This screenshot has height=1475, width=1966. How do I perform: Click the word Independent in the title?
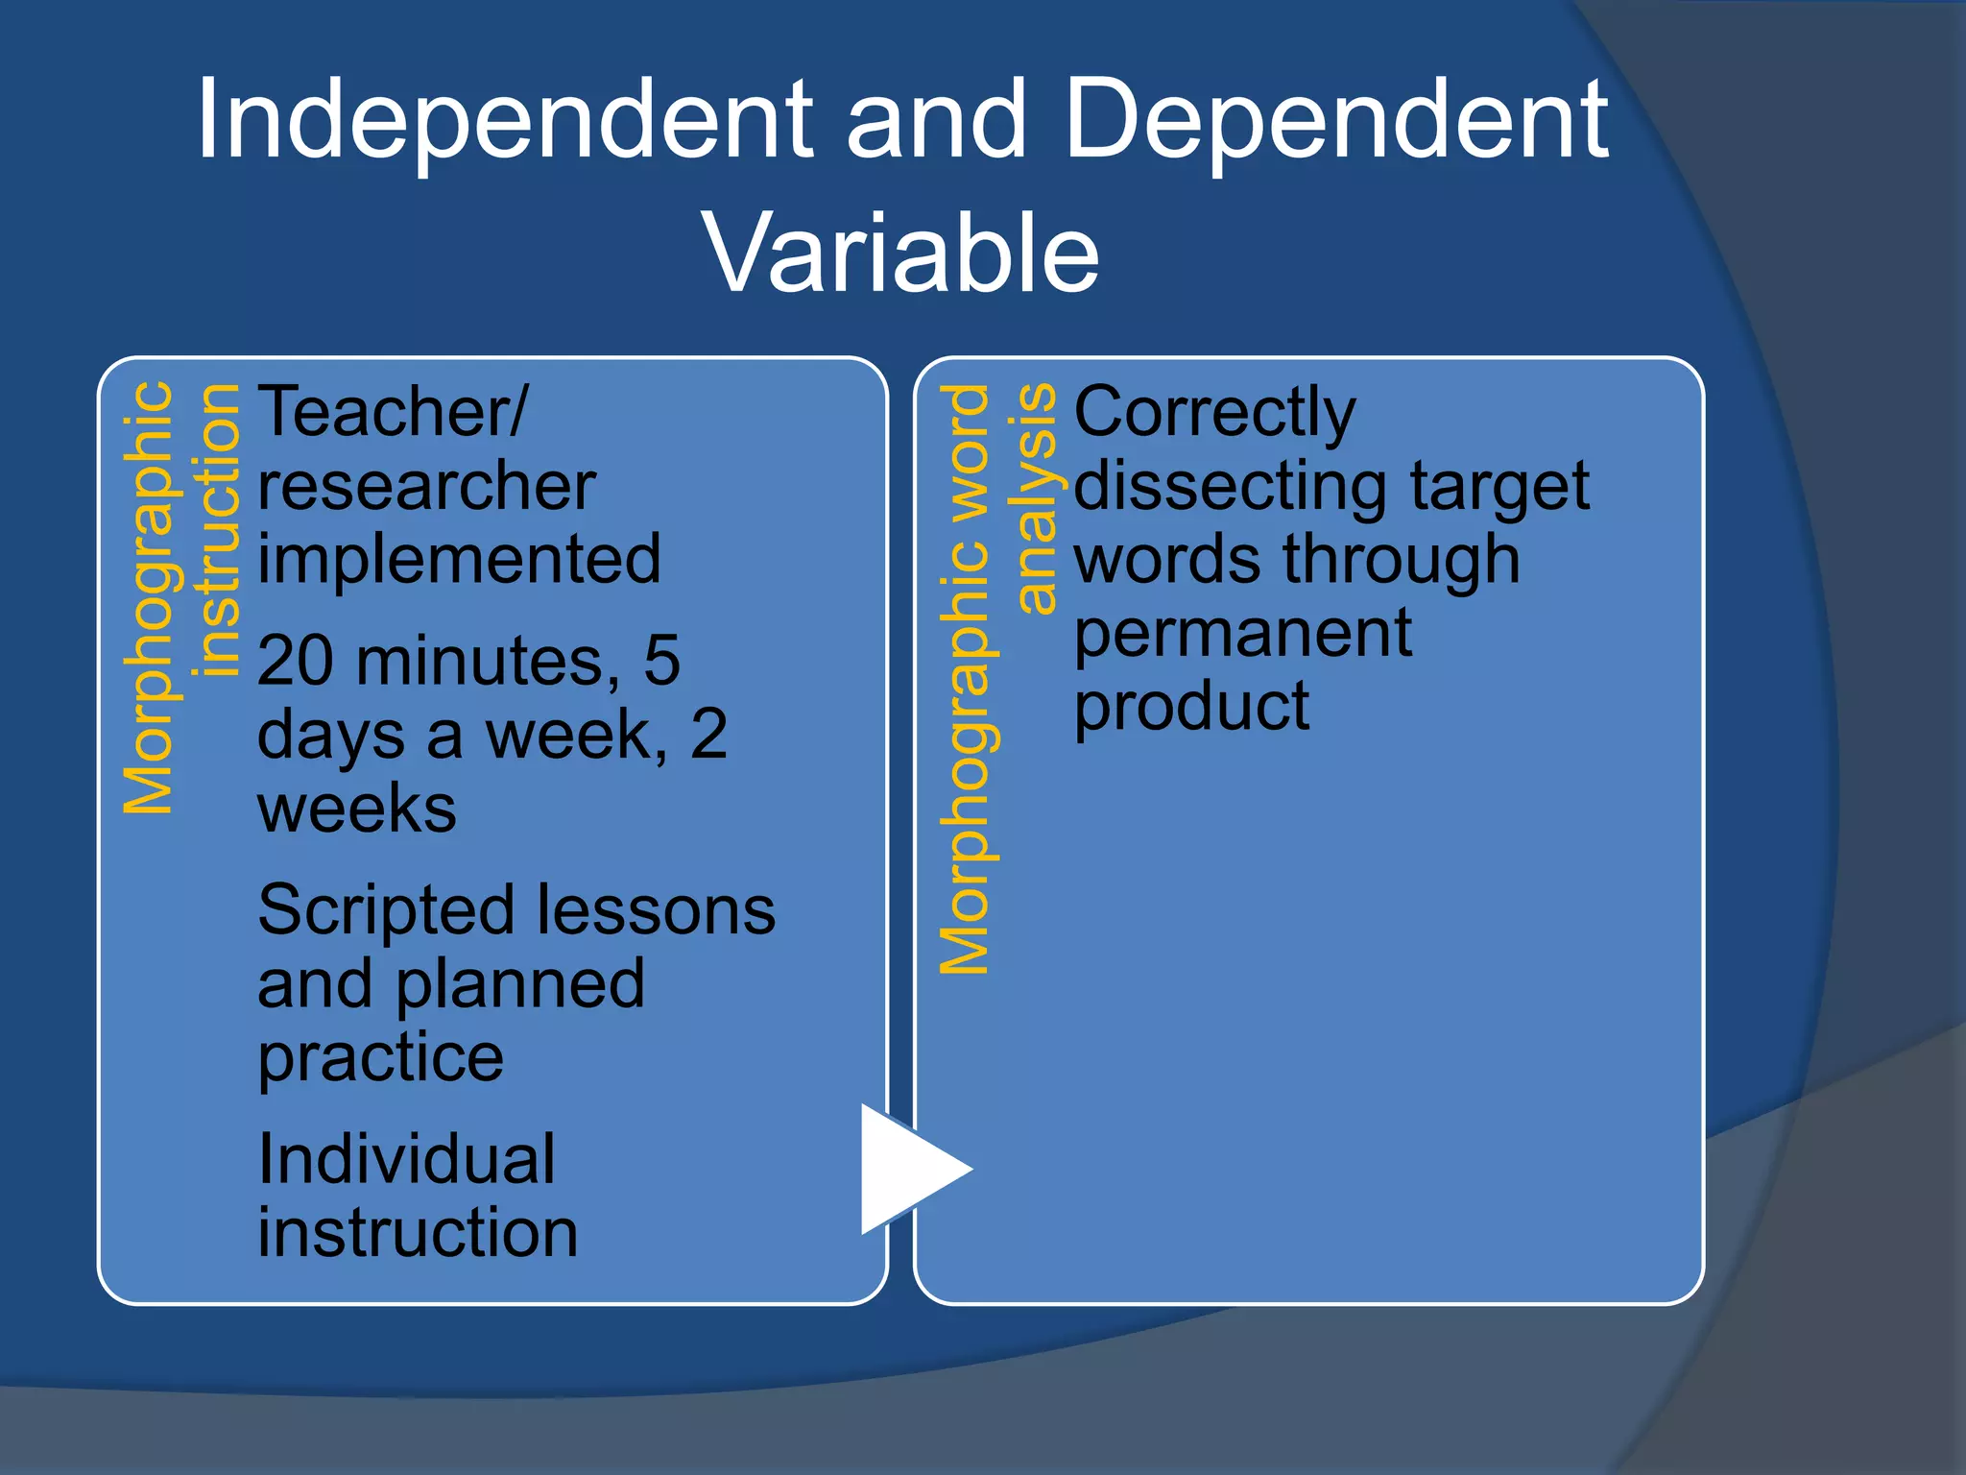pyautogui.click(x=505, y=119)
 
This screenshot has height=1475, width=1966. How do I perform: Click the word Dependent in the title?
pyautogui.click(x=1336, y=119)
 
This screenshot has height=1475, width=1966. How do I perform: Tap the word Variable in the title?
pyautogui.click(x=901, y=253)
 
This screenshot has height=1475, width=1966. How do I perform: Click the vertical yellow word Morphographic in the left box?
pyautogui.click(x=150, y=597)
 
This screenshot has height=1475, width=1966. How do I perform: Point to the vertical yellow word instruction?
pyautogui.click(x=216, y=530)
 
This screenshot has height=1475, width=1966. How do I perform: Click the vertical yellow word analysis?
pyautogui.click(x=1035, y=498)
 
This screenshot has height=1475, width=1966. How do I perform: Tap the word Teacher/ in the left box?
pyautogui.click(x=394, y=412)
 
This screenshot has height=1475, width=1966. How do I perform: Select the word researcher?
pyautogui.click(x=427, y=486)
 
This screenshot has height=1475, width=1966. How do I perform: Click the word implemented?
pyautogui.click(x=459, y=559)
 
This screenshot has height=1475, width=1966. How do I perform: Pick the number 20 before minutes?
pyautogui.click(x=296, y=661)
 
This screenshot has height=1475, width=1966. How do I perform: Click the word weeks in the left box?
pyautogui.click(x=357, y=809)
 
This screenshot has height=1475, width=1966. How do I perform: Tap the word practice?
pyautogui.click(x=380, y=1058)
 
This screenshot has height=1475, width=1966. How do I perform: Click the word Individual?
pyautogui.click(x=406, y=1159)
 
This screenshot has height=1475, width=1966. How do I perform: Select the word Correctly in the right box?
pyautogui.click(x=1214, y=412)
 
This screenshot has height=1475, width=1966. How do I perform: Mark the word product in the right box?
pyautogui.click(x=1191, y=707)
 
